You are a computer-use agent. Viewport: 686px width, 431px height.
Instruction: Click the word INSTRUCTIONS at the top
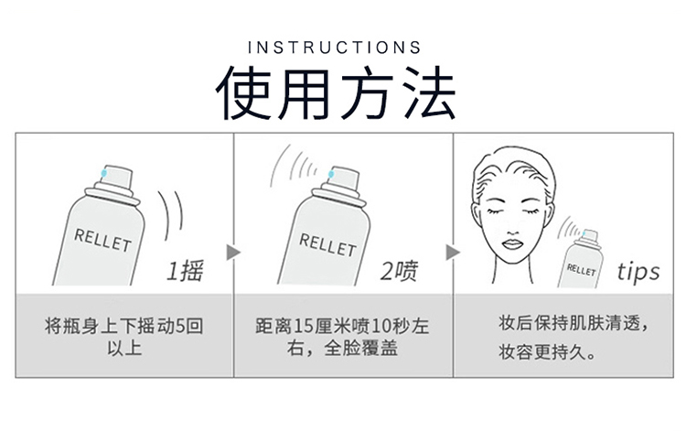(334, 48)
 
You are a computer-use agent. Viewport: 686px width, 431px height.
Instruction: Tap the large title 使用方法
(336, 93)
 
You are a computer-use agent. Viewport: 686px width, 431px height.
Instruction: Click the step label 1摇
(185, 271)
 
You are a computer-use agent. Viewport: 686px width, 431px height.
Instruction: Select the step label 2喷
(399, 271)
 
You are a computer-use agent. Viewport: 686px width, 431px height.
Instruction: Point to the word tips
(638, 272)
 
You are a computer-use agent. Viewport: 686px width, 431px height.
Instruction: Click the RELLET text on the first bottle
(102, 241)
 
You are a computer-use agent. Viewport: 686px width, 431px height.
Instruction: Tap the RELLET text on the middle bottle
(327, 244)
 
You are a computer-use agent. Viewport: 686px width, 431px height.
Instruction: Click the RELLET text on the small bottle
(581, 270)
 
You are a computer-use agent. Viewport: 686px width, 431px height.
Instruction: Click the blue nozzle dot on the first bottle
(103, 173)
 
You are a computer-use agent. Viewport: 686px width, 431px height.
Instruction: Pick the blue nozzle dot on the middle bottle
(331, 174)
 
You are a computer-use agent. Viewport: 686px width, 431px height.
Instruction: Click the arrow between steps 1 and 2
(233, 252)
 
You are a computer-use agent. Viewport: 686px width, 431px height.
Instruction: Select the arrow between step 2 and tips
(453, 252)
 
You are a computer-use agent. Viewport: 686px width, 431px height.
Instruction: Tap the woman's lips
(512, 243)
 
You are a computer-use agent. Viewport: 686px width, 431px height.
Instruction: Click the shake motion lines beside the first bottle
(172, 214)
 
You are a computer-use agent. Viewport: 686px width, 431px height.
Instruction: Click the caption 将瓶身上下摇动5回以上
(124, 337)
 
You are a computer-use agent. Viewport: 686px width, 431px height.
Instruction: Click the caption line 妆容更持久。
(547, 351)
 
